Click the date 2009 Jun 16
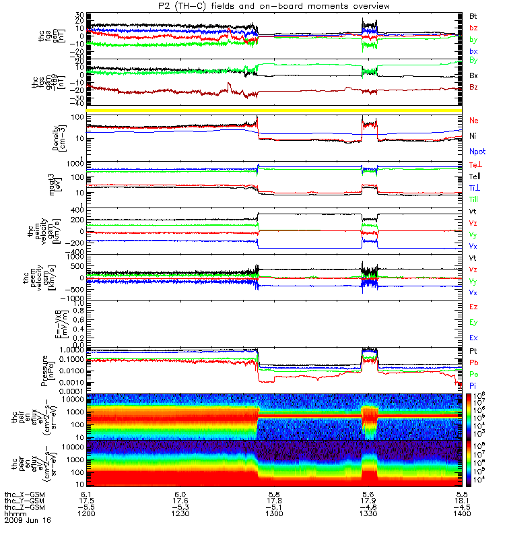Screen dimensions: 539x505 28,520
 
